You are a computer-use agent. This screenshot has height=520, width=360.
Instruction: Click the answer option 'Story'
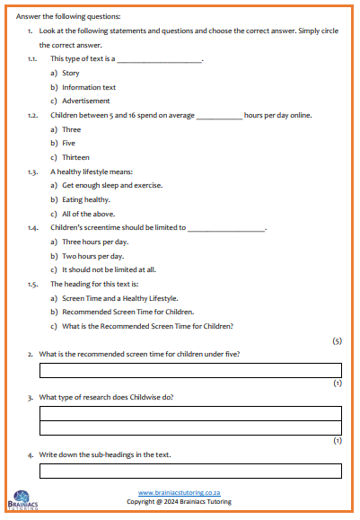coord(70,73)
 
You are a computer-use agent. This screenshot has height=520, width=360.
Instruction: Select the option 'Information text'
coord(88,87)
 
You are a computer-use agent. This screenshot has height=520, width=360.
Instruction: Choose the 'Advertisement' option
coord(86,101)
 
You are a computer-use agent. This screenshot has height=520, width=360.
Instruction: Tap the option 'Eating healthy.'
coord(86,199)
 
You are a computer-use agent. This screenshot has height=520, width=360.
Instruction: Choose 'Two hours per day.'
coord(93,256)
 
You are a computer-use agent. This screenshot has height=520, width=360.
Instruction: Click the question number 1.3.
coord(32,171)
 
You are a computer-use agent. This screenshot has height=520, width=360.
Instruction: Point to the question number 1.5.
coord(32,284)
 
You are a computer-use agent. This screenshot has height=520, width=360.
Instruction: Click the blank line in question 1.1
coord(159,59)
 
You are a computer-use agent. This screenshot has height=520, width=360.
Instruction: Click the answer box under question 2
coord(190,370)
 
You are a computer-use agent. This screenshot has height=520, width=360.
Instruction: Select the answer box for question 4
coord(190,471)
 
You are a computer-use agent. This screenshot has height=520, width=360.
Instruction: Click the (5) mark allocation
coord(337,341)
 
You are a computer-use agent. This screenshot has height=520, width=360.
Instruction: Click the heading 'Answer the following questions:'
coord(68,17)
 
